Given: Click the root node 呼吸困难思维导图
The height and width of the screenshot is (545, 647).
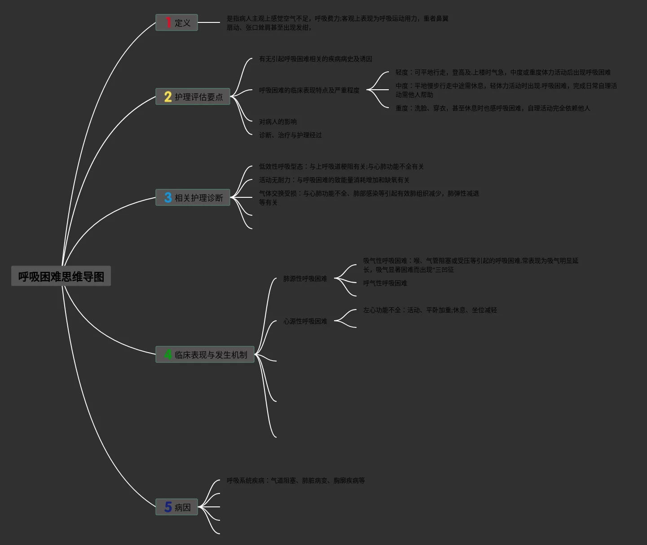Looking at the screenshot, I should coord(61,276).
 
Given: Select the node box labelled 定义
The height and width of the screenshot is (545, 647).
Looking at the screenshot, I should coord(177,22).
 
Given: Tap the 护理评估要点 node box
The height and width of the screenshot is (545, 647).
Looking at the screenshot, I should coord(193,96).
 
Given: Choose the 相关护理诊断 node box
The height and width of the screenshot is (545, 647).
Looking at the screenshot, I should coord(193,197).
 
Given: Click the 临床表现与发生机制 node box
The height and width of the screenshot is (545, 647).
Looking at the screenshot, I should coord(205,354).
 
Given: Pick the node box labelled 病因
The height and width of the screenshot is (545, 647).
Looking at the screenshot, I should coord(177,507).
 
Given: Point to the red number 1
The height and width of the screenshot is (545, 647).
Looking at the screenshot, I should coord(168,22).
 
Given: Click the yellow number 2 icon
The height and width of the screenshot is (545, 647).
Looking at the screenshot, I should coord(168,96).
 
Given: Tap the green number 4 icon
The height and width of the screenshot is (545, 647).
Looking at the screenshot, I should coord(168,354).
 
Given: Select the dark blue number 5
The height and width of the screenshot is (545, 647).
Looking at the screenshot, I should coord(168,507).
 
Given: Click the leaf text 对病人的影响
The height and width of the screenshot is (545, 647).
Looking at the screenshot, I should coord(278,122).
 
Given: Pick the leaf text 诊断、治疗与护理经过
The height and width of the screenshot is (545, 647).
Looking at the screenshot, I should coord(290,135).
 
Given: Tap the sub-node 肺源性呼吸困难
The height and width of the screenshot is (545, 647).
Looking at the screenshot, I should coord(305,279).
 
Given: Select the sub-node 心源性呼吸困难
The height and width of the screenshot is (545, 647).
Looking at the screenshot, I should coord(305,321).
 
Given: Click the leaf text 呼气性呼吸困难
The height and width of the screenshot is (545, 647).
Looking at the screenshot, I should coord(385,283).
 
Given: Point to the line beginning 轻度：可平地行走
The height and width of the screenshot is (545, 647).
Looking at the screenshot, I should coord(503,72).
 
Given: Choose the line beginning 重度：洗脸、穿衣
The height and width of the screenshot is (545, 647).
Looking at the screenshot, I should coord(493,108).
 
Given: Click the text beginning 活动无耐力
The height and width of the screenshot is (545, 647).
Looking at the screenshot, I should coord(334,180).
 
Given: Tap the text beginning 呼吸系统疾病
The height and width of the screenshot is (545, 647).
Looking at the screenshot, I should coord(295,480).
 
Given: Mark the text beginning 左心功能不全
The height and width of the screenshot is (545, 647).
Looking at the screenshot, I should coord(430,310).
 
